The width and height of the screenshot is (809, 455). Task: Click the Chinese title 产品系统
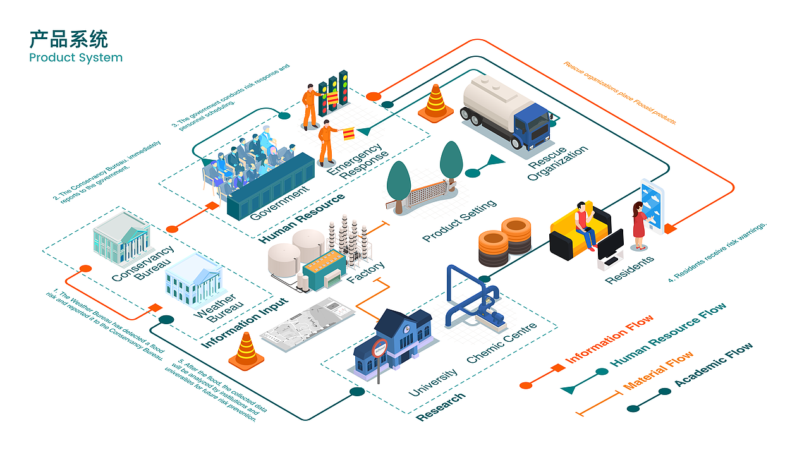click(68, 39)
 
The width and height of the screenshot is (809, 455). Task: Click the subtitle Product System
click(76, 58)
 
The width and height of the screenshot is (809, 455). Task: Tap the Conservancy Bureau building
click(123, 238)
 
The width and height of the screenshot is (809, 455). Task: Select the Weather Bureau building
click(193, 282)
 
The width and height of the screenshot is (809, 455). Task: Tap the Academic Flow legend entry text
click(714, 364)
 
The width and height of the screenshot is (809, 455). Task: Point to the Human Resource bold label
click(302, 219)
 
